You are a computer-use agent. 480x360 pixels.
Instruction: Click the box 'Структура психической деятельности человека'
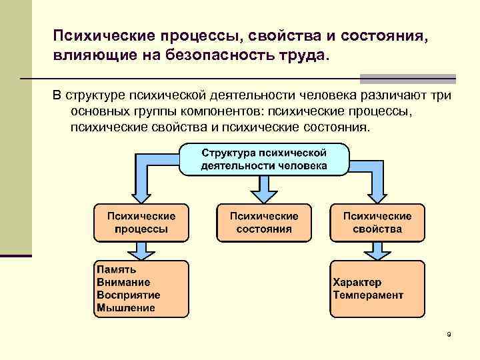pos(264,159)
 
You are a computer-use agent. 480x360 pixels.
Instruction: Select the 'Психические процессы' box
pos(141,223)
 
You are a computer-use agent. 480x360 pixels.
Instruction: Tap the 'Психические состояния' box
pos(264,223)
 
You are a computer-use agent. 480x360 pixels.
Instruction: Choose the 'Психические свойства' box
pos(377,223)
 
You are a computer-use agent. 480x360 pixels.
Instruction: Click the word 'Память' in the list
pos(117,270)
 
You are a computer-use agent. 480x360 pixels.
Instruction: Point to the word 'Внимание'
pos(123,282)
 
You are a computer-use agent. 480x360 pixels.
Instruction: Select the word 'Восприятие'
pos(129,295)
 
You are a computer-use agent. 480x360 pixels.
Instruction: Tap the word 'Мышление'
pos(126,307)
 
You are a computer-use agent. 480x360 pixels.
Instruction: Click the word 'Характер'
pos(357,282)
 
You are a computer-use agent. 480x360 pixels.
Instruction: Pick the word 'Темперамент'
pos(368,295)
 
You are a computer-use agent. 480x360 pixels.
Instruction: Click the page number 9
pos(449,334)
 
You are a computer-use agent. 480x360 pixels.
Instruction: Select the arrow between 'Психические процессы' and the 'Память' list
pos(141,251)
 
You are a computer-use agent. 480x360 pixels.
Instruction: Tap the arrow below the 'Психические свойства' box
pos(377,251)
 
